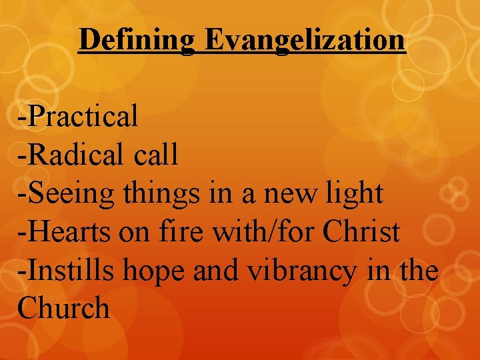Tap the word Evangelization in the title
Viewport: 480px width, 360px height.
305,40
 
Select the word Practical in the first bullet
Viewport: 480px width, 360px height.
83,117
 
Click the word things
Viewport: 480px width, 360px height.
160,194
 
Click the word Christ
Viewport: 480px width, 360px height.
361,232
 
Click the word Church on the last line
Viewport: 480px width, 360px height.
64,309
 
